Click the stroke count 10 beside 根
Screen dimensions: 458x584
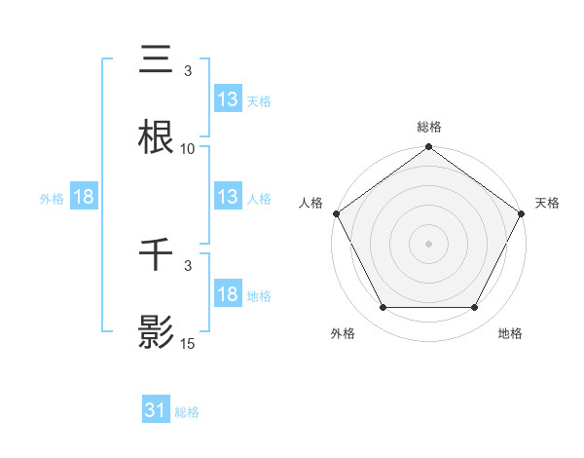point(188,149)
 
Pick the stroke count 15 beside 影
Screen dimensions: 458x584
point(188,344)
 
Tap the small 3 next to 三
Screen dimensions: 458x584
point(188,71)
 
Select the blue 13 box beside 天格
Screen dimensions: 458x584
point(228,99)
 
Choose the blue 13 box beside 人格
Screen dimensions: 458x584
point(228,197)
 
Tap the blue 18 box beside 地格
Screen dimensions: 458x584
point(228,294)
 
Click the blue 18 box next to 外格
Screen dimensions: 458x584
point(84,197)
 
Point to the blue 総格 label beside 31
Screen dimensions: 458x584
point(187,413)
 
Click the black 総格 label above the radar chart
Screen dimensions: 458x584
point(429,127)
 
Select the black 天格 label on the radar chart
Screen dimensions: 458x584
point(548,203)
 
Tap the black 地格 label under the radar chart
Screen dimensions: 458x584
point(510,333)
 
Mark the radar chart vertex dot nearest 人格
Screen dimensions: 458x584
point(337,212)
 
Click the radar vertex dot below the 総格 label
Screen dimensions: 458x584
point(429,147)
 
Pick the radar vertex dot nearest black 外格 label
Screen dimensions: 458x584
point(383,308)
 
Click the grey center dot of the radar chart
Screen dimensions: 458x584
point(429,243)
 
